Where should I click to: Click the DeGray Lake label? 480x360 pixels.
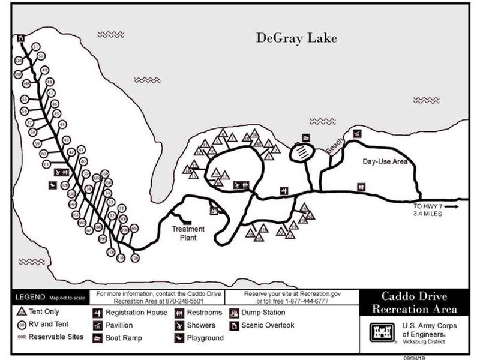coord(296,38)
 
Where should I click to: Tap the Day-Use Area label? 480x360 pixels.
coord(385,162)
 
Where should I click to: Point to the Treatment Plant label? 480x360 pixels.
coord(188,233)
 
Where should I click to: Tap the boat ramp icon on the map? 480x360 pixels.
coord(305,137)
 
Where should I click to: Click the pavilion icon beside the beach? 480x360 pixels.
coord(357,134)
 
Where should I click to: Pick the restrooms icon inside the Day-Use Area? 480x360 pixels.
coord(361,186)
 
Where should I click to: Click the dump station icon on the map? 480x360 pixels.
coord(214,210)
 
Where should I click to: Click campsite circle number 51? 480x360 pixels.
coord(37,47)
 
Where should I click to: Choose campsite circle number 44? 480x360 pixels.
coord(62,124)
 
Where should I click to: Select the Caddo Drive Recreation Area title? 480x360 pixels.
coord(414,303)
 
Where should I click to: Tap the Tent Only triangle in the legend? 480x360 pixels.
coord(20,312)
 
